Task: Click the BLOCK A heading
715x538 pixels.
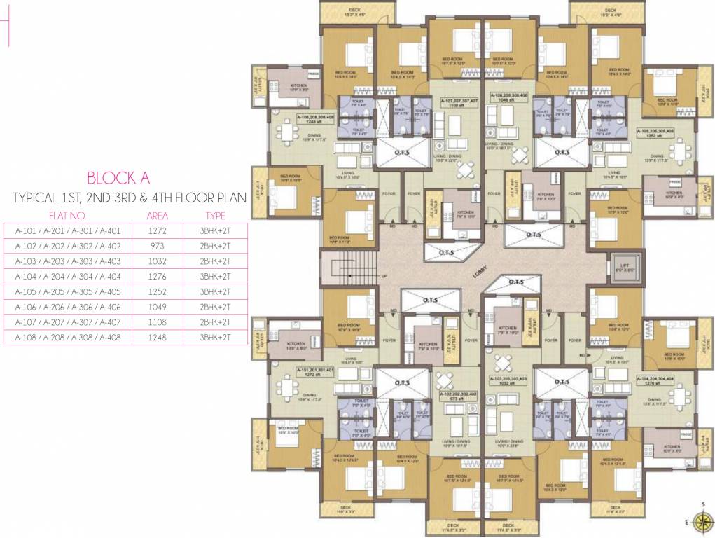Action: click(x=128, y=178)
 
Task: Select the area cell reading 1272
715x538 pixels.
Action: click(x=158, y=230)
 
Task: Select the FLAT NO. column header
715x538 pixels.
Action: click(x=67, y=216)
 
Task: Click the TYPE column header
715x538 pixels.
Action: click(x=215, y=216)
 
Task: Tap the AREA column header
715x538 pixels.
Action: click(x=158, y=216)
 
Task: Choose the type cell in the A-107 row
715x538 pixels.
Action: click(x=215, y=322)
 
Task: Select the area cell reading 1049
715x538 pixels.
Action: click(x=158, y=307)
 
